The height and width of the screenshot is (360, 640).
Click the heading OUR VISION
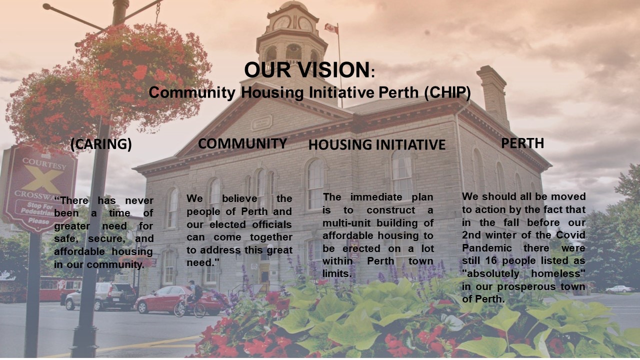[x=306, y=70]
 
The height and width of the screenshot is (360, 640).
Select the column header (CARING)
[x=101, y=144]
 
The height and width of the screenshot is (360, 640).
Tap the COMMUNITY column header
[x=242, y=143]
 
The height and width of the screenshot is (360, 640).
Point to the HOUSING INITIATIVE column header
[x=376, y=145]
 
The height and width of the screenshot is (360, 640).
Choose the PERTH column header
[x=522, y=143]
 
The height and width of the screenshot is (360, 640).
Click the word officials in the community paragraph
[x=270, y=224]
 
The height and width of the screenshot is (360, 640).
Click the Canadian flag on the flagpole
[x=331, y=28]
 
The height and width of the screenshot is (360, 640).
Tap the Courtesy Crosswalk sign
[x=38, y=187]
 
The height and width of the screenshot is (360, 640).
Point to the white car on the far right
[x=619, y=288]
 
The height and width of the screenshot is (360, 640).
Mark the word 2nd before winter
[x=472, y=235]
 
